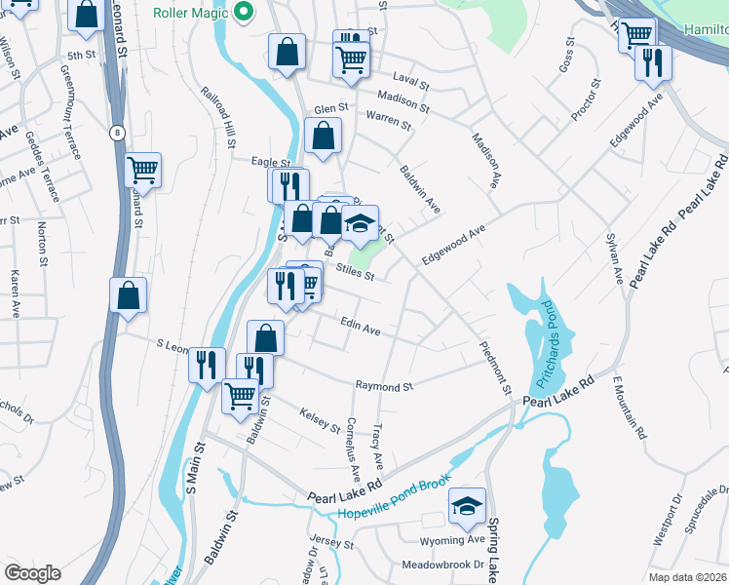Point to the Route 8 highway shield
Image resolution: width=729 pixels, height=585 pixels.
pyautogui.click(x=117, y=132)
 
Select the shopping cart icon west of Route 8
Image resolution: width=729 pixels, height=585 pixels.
pyautogui.click(x=142, y=170)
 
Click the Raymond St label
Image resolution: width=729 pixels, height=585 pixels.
pyautogui.click(x=383, y=386)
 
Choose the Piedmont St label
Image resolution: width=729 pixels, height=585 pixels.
pyautogui.click(x=495, y=368)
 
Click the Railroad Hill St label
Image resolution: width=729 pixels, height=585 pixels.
pyautogui.click(x=215, y=116)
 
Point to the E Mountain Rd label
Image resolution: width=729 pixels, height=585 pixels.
pyautogui.click(x=629, y=408)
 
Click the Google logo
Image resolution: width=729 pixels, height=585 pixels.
pyautogui.click(x=32, y=572)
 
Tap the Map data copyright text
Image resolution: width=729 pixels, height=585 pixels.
pyautogui.click(x=688, y=577)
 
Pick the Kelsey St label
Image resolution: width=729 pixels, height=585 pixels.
pyautogui.click(x=320, y=420)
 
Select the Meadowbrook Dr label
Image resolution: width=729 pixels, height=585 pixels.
pyautogui.click(x=443, y=565)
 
